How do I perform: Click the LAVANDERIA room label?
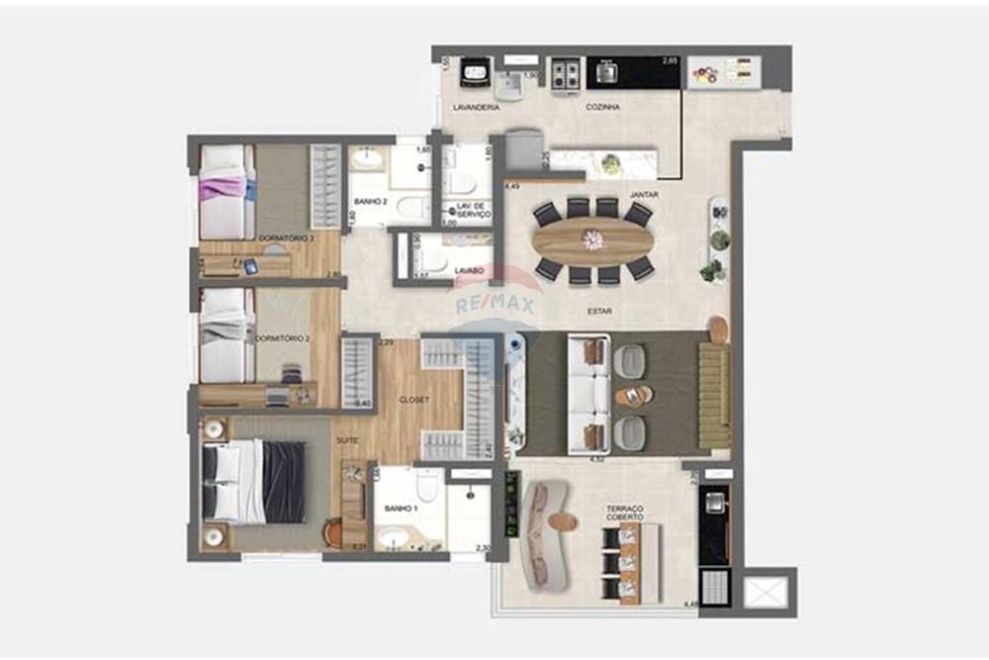click(x=476, y=107)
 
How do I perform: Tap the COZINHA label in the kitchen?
click(x=602, y=107)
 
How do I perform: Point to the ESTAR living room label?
click(x=599, y=311)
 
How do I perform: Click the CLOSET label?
click(x=413, y=401)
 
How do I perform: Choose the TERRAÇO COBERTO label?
click(x=625, y=513)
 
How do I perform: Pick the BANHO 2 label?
click(x=369, y=202)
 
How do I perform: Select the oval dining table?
click(x=592, y=238)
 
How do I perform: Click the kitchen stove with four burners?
click(x=568, y=72)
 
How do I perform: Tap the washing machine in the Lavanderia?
click(x=477, y=72)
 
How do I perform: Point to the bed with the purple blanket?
click(x=224, y=187)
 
